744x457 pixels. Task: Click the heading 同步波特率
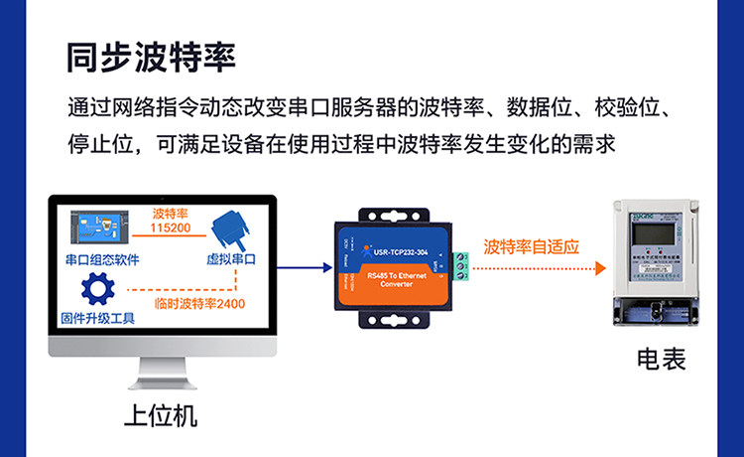150,57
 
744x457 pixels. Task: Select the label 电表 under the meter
661,359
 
